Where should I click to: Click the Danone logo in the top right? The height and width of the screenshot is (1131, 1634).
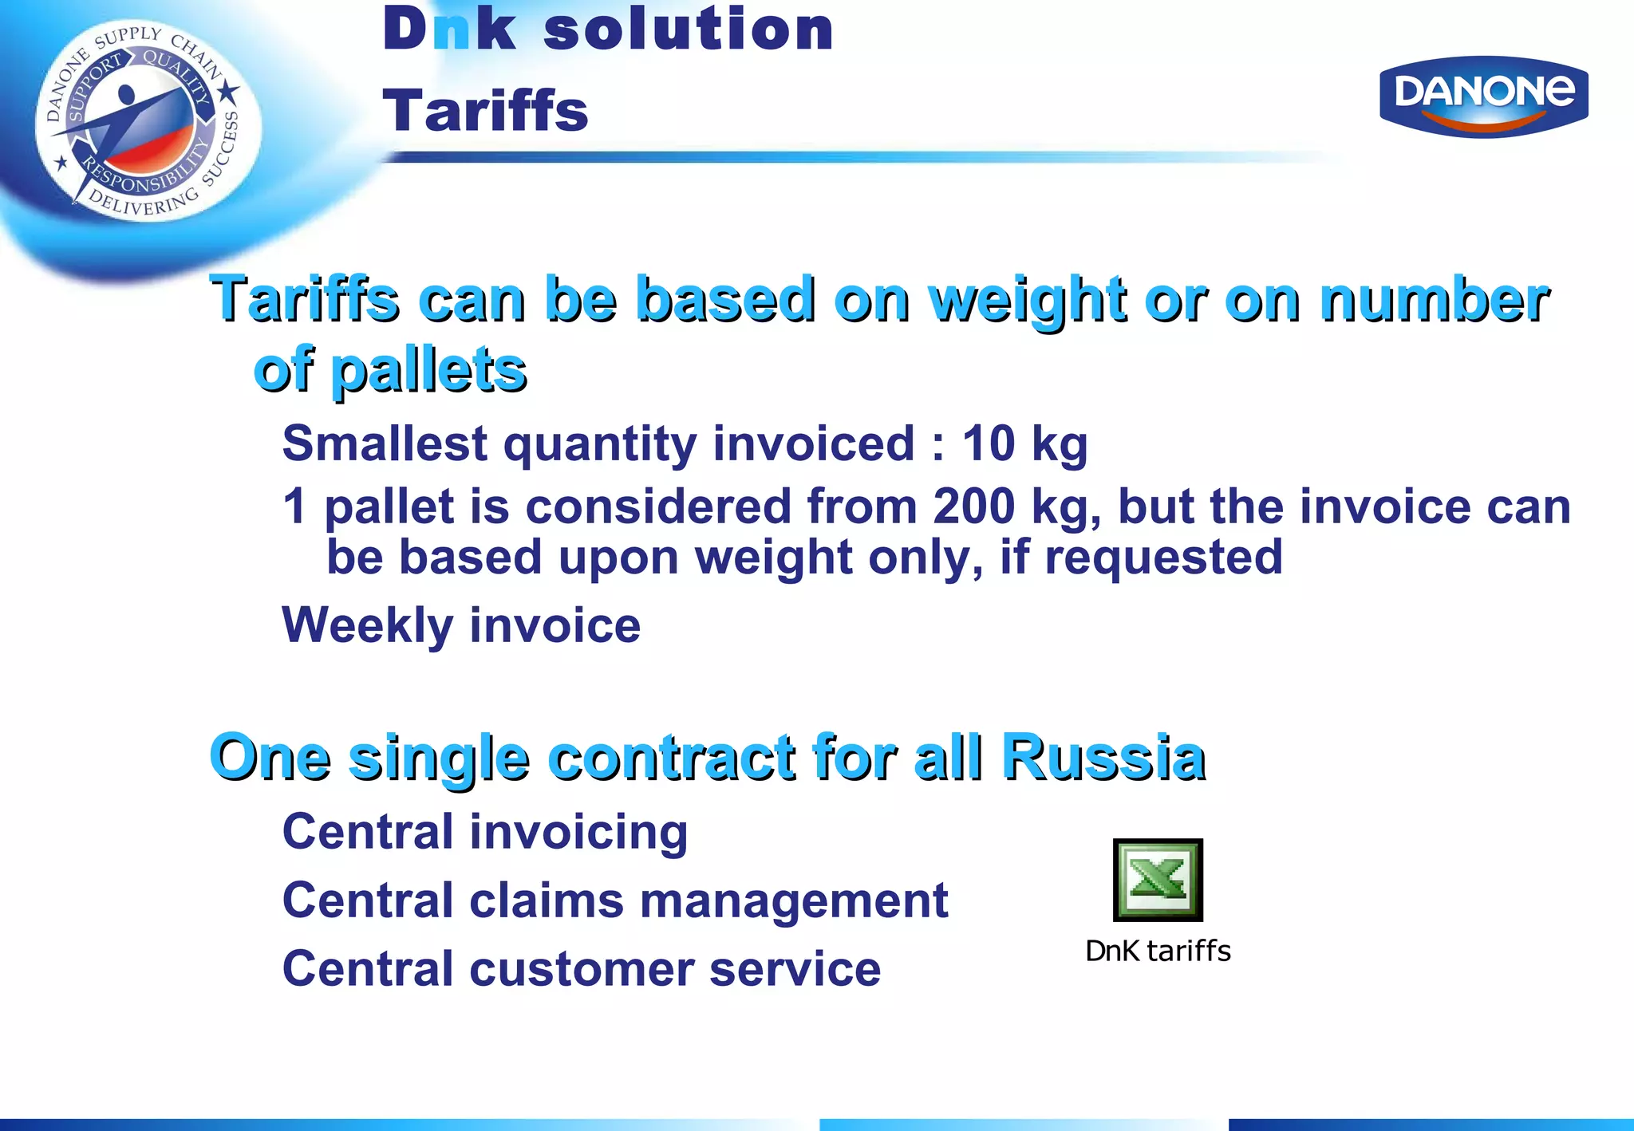(x=1483, y=96)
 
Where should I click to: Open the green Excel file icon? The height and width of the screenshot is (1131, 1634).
(x=1158, y=880)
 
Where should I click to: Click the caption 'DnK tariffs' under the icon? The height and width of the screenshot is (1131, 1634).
(x=1158, y=951)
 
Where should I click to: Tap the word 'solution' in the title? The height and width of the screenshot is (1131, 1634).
(x=688, y=30)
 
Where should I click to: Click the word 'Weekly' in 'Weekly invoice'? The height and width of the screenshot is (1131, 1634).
(x=368, y=625)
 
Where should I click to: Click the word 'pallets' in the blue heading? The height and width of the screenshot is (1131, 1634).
(x=429, y=371)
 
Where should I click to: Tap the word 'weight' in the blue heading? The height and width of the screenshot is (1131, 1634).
(x=1029, y=301)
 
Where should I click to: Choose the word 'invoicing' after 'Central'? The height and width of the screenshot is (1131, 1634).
(x=578, y=833)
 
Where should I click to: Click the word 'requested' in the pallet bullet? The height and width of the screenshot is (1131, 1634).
(x=1163, y=557)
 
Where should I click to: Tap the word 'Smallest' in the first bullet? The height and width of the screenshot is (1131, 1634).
(x=384, y=443)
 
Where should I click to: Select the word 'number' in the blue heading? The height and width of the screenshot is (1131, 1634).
(x=1433, y=301)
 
